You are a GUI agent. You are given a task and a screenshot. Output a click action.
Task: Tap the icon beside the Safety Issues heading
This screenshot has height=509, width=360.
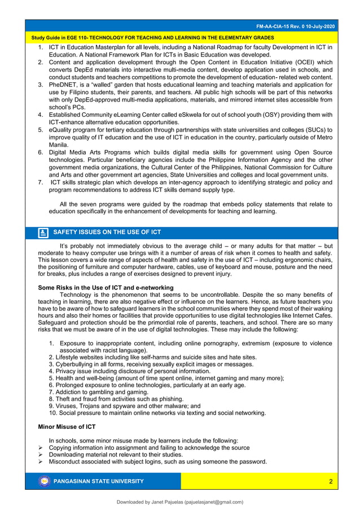coord(43,232)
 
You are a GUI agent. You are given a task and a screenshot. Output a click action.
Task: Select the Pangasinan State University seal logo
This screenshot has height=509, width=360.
coord(44,481)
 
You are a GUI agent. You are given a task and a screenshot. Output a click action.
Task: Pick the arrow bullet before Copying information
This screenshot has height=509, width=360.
coord(41,447)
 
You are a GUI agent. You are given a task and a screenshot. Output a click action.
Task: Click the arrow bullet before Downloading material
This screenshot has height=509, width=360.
coord(41,454)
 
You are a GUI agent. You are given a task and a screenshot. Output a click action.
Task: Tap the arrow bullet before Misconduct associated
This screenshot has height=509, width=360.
coord(41,462)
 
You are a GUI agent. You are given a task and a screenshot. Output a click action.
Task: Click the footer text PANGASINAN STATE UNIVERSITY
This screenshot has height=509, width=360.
coord(98,481)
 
